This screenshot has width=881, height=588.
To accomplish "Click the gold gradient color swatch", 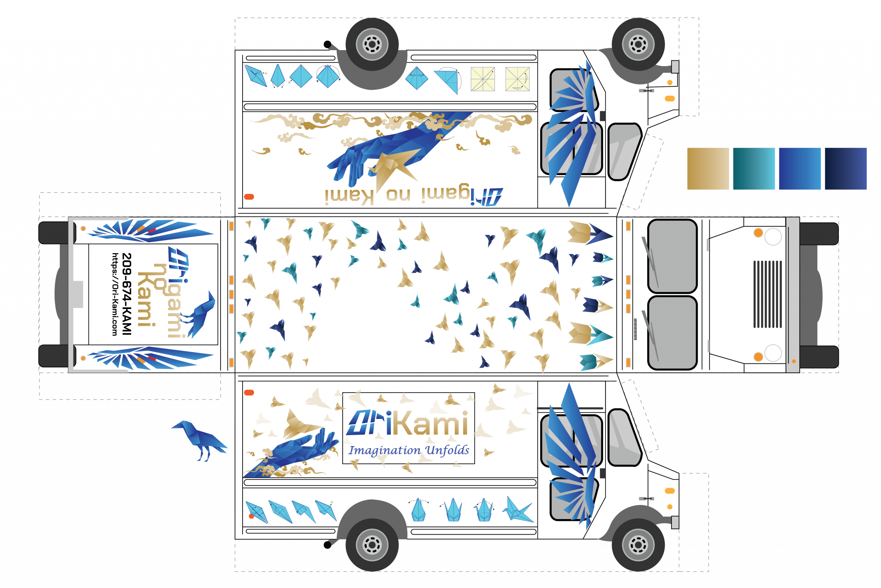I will pos(708,169).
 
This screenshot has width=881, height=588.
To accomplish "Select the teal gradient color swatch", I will pos(754,169).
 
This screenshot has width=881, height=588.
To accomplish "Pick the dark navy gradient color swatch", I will pos(846,169).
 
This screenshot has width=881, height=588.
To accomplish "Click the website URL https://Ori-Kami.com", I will pos(115,294).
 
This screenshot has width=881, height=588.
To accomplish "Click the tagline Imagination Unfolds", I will pos(408,450).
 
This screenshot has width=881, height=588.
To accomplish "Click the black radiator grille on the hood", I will pos(767,294).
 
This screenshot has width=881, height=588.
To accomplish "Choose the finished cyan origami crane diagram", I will pos(518,510).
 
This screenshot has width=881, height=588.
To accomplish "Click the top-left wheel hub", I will pos(372,44).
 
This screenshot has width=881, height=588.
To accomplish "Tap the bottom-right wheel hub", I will pos(638,545).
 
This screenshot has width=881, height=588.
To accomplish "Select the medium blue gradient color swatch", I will pos(800,169).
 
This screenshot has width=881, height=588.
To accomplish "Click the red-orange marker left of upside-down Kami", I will pos(249,197).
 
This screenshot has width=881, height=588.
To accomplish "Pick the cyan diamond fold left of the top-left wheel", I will pos(301,76).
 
